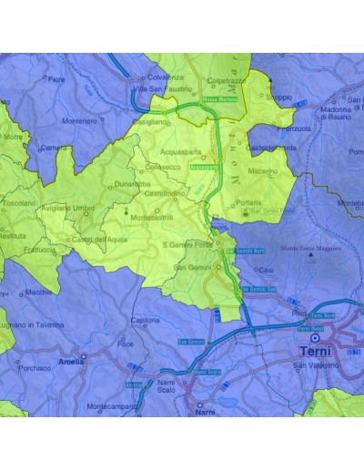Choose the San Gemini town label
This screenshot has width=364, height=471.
(193, 267)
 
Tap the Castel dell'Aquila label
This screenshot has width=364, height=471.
(100, 239)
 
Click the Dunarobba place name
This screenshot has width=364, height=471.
(133, 184)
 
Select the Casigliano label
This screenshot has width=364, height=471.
(150, 121)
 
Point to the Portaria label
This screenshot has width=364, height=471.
(248, 203)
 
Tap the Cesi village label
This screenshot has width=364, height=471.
(266, 270)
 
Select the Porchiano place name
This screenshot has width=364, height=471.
(35, 368)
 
